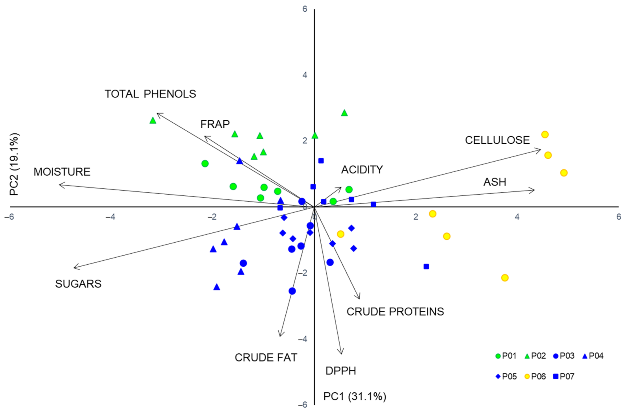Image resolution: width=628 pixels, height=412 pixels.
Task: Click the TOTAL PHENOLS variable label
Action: click(150, 94)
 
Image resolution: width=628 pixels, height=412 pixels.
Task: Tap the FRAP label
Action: click(215, 124)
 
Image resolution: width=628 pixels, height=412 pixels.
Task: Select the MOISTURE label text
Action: click(62, 172)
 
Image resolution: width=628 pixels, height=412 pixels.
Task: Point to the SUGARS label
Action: click(78, 284)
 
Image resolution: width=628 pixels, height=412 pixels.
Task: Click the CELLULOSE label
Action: click(497, 140)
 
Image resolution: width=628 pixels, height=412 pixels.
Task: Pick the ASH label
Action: click(495, 182)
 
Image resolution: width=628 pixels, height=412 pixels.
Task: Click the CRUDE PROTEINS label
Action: click(395, 312)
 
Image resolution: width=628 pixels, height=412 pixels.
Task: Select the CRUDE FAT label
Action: click(266, 357)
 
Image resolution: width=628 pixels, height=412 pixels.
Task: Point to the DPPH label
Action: click(341, 371)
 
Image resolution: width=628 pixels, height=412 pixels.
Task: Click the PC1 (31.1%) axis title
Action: click(355, 397)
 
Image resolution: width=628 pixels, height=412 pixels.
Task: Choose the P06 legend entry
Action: click(535, 376)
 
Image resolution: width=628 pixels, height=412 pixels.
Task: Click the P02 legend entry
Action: click(535, 356)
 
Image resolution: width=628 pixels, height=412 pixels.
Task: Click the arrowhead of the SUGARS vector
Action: click(74, 268)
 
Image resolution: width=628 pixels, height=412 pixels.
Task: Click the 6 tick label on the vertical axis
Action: click(305, 9)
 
